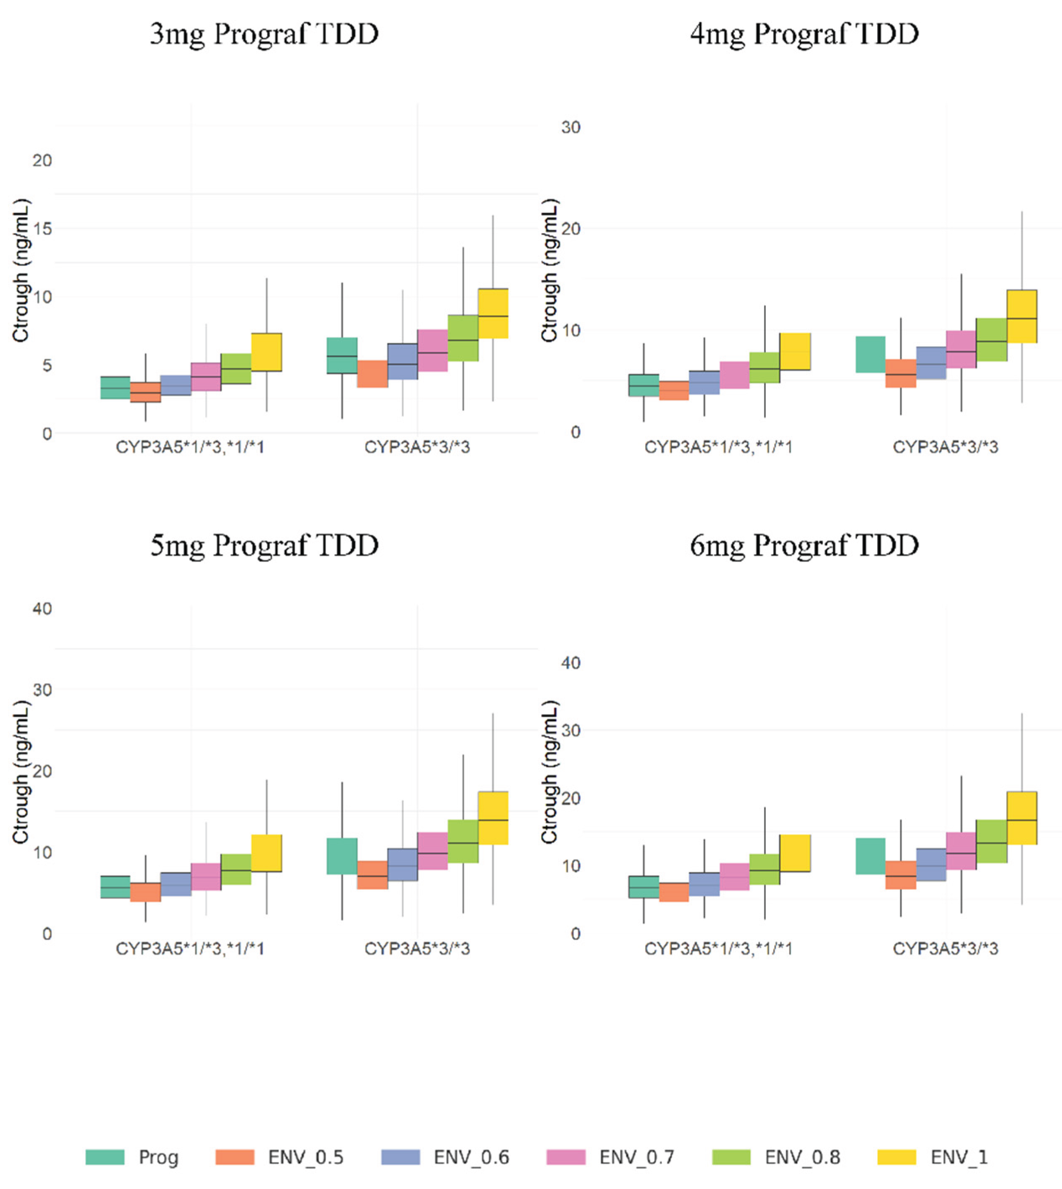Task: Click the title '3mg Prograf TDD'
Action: (264, 34)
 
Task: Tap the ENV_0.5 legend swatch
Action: (235, 1157)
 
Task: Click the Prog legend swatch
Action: (105, 1157)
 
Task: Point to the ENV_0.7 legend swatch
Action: (566, 1157)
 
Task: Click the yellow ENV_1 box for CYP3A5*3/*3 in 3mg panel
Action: (493, 313)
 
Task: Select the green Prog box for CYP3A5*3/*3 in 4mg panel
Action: (870, 354)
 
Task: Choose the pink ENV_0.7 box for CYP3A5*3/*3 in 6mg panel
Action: (961, 851)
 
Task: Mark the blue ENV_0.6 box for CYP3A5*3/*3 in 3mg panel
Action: (403, 361)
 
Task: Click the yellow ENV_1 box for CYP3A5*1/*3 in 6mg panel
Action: (795, 853)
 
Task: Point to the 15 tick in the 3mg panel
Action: (42, 229)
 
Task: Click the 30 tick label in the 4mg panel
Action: (571, 127)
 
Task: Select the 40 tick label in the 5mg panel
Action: (42, 609)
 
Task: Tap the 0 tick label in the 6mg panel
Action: (575, 934)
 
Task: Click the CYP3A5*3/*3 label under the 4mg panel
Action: (945, 447)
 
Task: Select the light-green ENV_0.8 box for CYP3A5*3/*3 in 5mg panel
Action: (463, 841)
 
